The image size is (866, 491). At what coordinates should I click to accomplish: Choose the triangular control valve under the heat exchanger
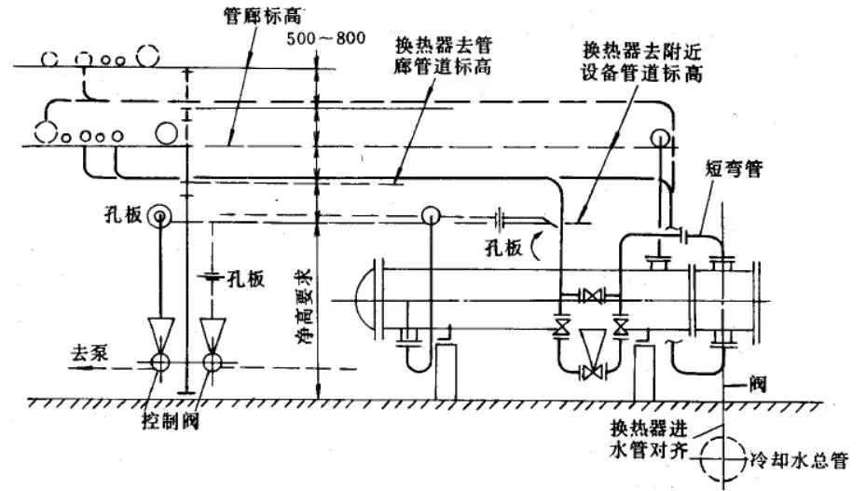(x=590, y=348)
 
